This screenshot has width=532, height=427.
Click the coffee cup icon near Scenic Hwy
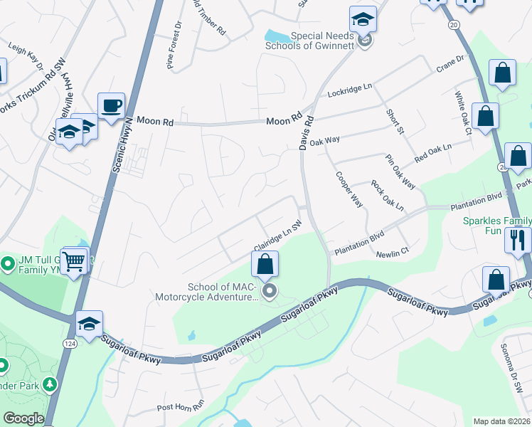(x=111, y=106)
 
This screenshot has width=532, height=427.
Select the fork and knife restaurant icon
(x=518, y=239)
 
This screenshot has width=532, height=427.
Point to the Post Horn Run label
(x=181, y=408)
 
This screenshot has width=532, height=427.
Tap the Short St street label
(x=395, y=122)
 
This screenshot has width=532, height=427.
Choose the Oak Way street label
(x=324, y=142)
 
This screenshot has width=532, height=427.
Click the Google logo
(x=23, y=418)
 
